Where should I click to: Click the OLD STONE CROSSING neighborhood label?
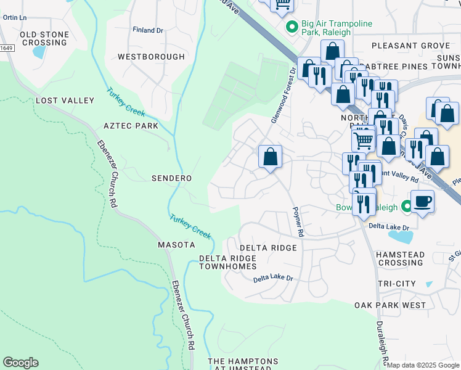pos(44,38)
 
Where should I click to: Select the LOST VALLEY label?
pos(65,101)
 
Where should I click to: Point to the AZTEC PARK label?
pos(131,126)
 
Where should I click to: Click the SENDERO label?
pos(172,178)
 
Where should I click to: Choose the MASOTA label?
pos(176,245)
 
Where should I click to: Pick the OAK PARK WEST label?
pos(390,305)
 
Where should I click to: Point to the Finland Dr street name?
pos(148,30)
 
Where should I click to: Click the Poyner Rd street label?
pos(299,221)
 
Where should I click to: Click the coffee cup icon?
pos(422,202)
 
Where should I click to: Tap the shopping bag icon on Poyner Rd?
pos(270,157)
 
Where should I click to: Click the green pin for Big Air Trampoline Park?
pos(292,28)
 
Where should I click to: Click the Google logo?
pos(20,363)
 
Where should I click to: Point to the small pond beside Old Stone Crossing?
pos(39,52)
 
